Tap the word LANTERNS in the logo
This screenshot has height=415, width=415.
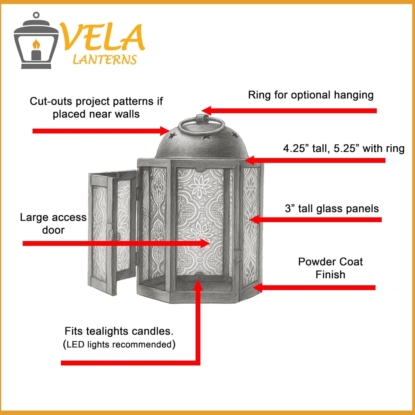[x=105, y=60]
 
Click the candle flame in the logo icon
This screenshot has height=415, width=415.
[x=36, y=44]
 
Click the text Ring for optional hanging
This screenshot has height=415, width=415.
[x=311, y=95]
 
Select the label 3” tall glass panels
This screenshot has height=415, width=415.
[x=332, y=209]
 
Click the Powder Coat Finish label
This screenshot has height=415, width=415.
[x=330, y=268]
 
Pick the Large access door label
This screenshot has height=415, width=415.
[x=53, y=224]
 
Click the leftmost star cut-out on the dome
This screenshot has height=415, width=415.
[x=172, y=136]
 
